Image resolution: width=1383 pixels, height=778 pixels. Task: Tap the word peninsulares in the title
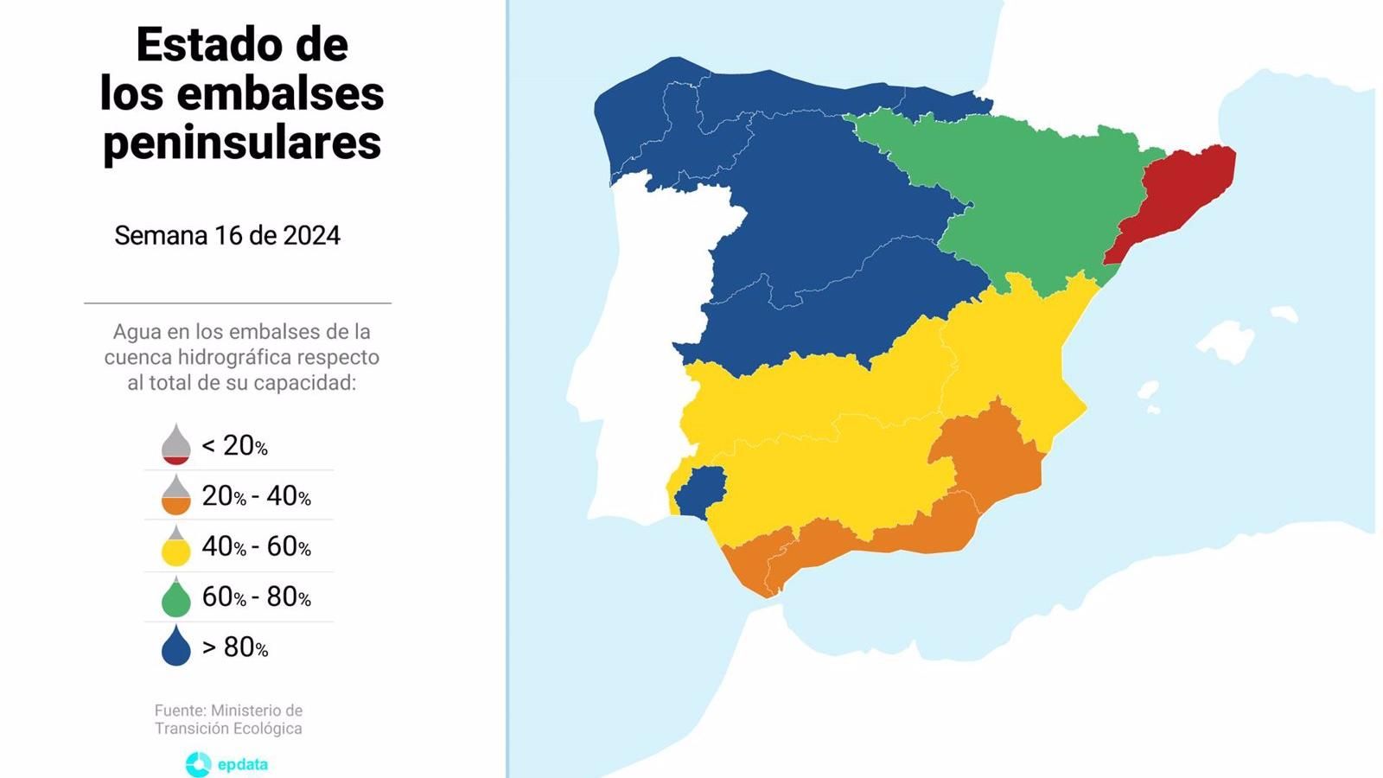(x=242, y=143)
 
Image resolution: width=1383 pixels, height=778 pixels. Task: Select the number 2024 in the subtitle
(x=311, y=235)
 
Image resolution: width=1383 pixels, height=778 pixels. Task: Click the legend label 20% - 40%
(x=256, y=495)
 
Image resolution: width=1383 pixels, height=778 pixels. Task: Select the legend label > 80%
(x=235, y=647)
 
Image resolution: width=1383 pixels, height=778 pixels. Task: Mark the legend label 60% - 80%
(x=256, y=596)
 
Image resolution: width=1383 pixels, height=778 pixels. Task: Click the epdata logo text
(x=242, y=764)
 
